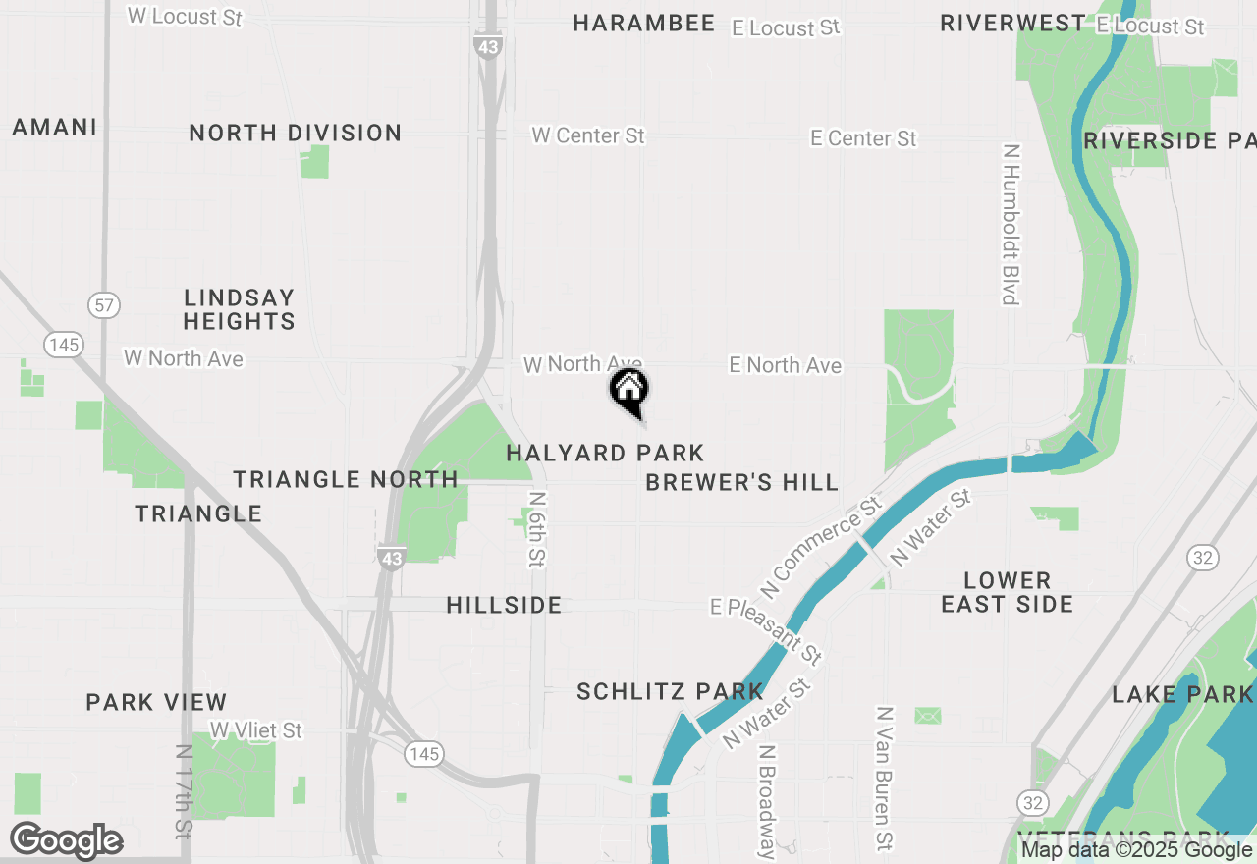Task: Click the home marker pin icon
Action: coord(628,391)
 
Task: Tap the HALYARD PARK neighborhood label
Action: coord(605,453)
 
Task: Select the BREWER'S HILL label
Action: coord(742,482)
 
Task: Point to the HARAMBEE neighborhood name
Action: coord(644,24)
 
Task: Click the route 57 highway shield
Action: coord(104,304)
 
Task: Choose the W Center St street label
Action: coord(588,135)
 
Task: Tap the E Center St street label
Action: coord(863,138)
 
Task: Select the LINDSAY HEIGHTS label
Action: coord(239,309)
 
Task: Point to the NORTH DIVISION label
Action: coord(296,133)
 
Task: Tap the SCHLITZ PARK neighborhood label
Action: coord(670,691)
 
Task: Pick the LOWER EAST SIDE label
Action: coord(1007,592)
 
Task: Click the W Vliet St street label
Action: coord(256,730)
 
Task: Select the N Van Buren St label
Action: coord(885,779)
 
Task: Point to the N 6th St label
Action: coord(536,529)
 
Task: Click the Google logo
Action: coord(66,841)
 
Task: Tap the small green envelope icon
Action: coord(927,715)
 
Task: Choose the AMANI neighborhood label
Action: coord(55,127)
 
